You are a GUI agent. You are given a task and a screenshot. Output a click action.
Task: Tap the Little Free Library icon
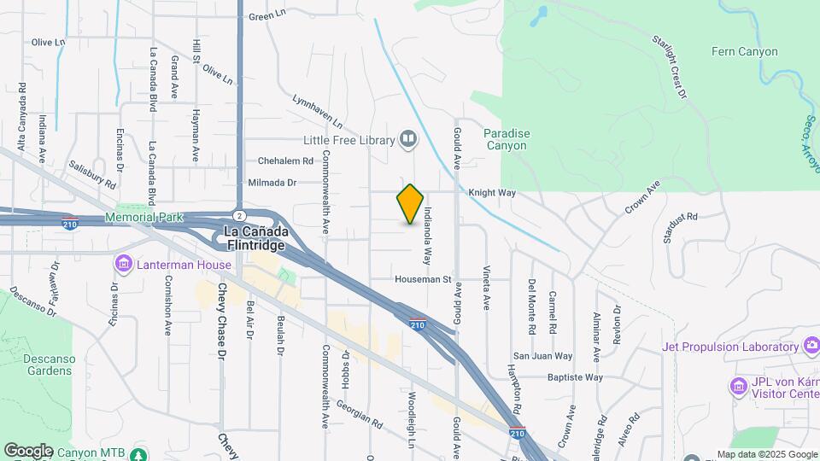click(x=408, y=139)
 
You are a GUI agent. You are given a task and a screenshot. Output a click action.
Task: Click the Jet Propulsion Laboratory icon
click(x=810, y=347)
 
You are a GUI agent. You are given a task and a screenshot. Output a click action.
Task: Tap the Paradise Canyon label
click(x=507, y=139)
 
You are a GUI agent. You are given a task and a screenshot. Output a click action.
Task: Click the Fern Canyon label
click(x=744, y=52)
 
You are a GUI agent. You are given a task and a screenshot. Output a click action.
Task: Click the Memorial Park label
click(x=143, y=218)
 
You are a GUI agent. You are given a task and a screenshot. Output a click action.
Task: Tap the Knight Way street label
click(x=491, y=194)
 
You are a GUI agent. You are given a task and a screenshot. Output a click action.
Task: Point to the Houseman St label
click(x=422, y=279)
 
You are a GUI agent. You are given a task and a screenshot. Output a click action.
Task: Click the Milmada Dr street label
click(x=272, y=183)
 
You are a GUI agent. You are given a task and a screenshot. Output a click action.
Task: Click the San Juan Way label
click(x=542, y=356)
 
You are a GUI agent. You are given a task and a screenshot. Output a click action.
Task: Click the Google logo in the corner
click(x=28, y=450)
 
